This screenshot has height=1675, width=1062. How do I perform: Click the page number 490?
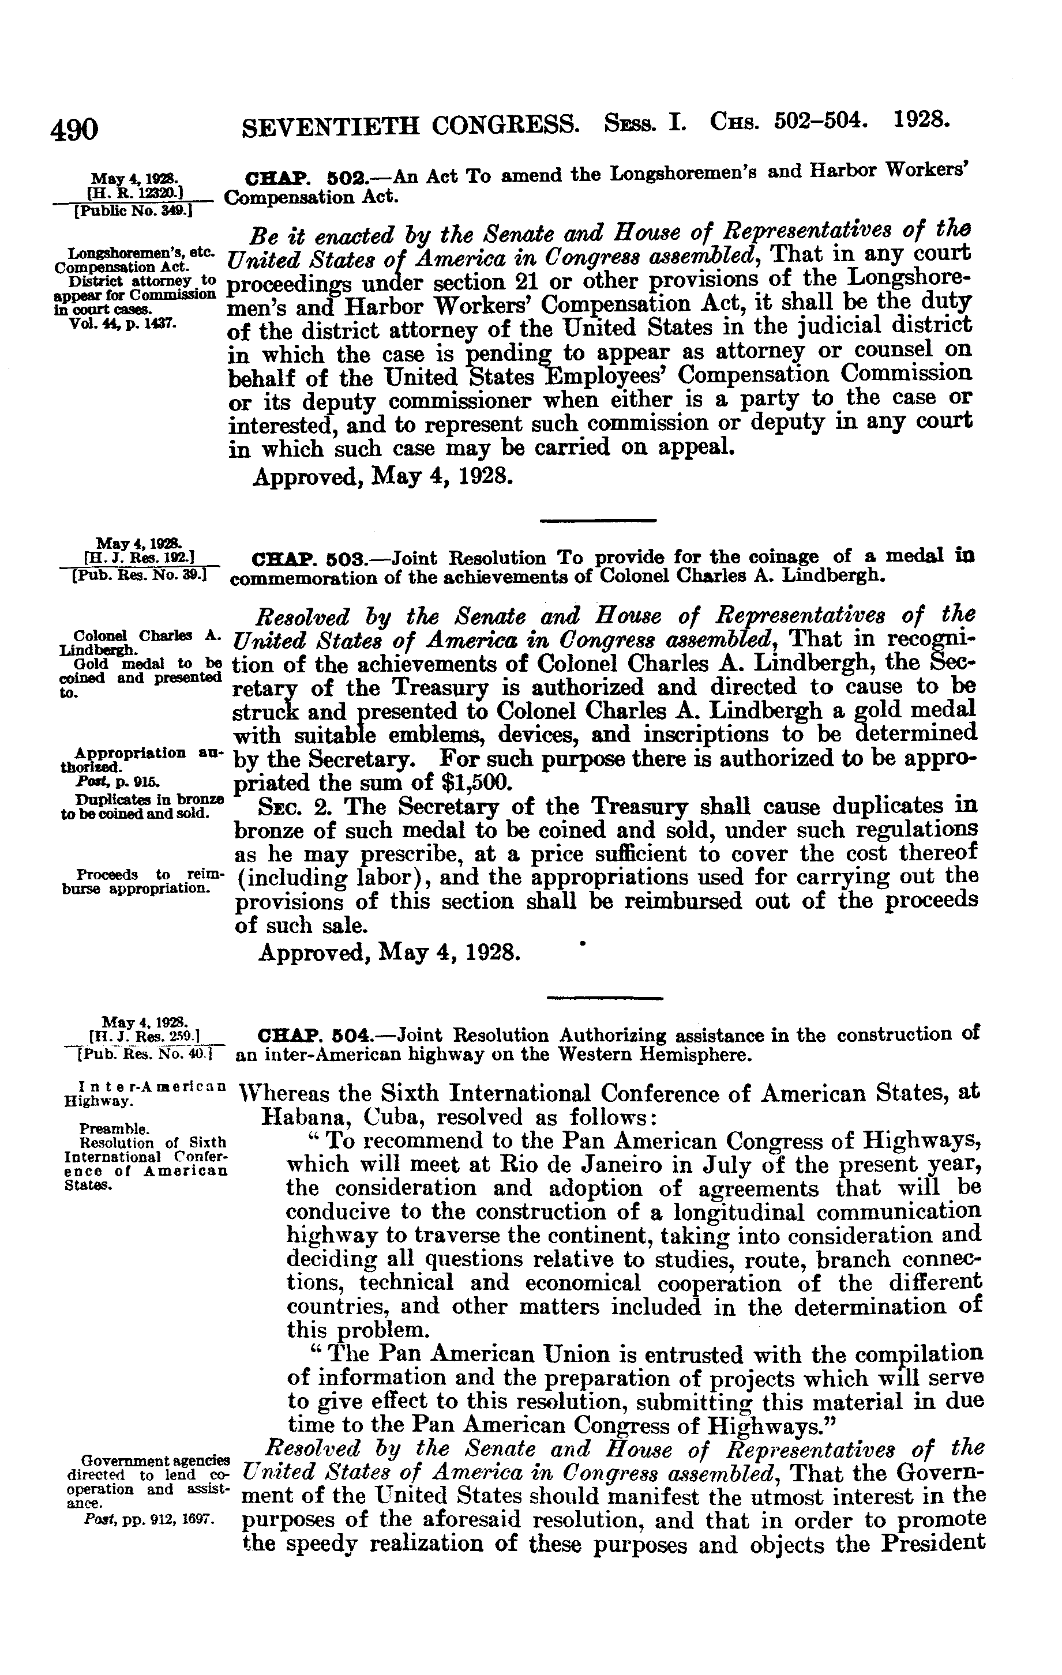coord(74,129)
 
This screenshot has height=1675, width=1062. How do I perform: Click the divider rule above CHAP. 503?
coord(599,520)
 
